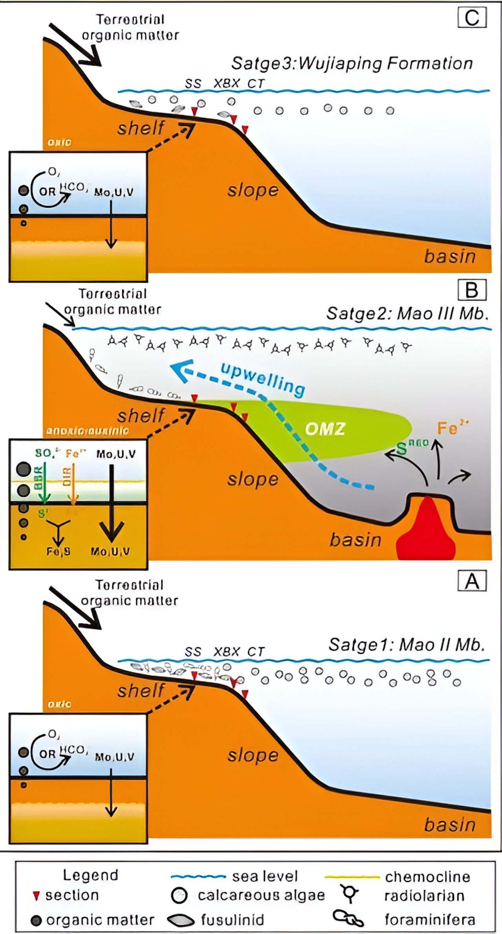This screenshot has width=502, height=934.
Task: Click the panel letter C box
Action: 472,18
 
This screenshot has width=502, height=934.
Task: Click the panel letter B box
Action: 472,290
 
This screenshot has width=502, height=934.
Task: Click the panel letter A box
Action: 472,581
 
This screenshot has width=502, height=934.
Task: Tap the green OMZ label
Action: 325,429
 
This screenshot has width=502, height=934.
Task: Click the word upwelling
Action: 263,378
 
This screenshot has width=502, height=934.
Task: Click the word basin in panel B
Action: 355,540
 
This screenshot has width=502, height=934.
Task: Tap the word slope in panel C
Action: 253,190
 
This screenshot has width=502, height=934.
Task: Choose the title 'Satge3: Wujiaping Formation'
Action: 352,63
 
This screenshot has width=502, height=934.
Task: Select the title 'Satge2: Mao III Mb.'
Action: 408,313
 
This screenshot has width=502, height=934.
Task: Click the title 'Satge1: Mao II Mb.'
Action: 407,644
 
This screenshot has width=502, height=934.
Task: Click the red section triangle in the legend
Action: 36,896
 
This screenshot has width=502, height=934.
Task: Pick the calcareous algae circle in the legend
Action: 179,895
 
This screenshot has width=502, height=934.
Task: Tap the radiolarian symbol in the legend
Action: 349,893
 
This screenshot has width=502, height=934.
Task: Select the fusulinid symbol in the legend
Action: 181,920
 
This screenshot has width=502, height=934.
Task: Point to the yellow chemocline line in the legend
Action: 352,876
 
